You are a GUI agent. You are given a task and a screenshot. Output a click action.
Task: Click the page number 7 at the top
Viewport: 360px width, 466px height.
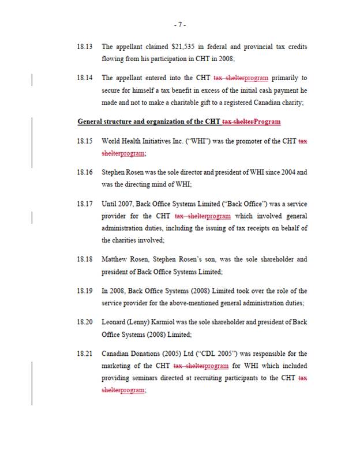[179, 25]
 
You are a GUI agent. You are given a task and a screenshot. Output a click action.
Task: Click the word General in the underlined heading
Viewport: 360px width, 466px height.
[92, 122]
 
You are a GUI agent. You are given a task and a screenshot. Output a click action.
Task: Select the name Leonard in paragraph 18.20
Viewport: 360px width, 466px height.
[115, 322]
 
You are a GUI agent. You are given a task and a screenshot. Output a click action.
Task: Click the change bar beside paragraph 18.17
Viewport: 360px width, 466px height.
[32, 216]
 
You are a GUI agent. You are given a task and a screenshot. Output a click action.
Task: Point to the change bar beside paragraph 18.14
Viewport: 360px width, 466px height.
[32, 78]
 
